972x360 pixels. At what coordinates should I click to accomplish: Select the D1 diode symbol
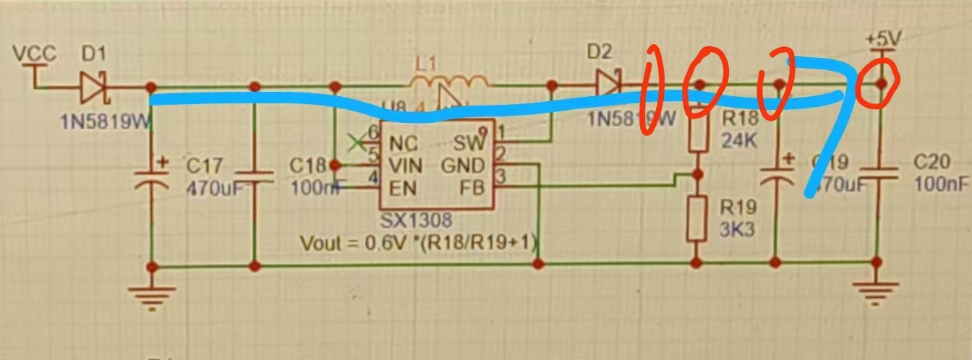[94, 87]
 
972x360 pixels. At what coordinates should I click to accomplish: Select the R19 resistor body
[697, 219]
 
